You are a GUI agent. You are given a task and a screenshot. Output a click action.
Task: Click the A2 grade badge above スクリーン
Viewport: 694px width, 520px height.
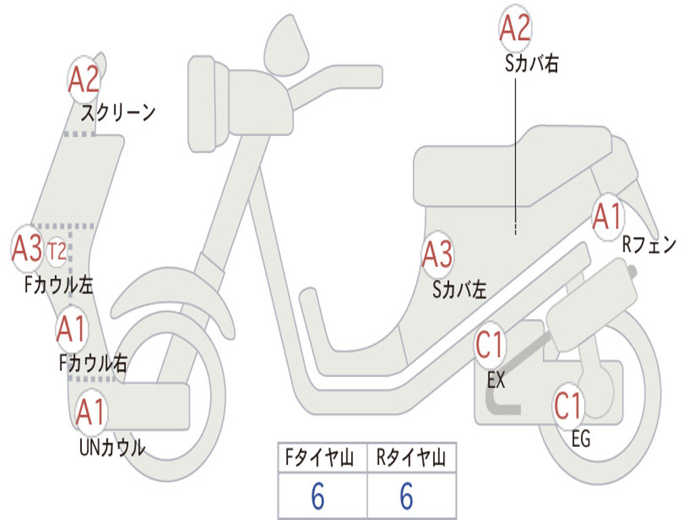point(84,80)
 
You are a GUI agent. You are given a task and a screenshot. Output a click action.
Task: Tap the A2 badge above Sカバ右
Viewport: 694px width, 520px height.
point(515,29)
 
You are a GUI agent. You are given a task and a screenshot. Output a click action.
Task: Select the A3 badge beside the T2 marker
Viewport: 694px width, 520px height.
point(27,249)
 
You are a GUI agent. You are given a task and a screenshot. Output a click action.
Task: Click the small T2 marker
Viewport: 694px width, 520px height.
point(57,252)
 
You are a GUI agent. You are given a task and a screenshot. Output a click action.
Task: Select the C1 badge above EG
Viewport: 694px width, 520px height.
point(568,406)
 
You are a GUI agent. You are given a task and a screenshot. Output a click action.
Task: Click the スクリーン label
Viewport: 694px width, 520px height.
point(118,112)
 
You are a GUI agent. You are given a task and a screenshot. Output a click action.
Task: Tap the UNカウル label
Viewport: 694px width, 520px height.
point(112,447)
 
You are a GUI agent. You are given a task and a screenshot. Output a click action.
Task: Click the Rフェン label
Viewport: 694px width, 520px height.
point(649,245)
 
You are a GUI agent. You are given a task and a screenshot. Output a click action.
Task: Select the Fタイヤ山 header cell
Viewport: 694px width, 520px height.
point(322,460)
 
